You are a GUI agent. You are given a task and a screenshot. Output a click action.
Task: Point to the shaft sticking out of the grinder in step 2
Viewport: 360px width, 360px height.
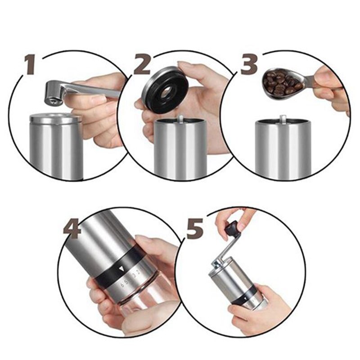coord(180,119)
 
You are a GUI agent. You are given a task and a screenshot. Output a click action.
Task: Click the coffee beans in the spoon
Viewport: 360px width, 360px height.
coord(282,82)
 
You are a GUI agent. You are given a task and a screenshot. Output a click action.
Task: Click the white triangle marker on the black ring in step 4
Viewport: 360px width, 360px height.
coord(121,269)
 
